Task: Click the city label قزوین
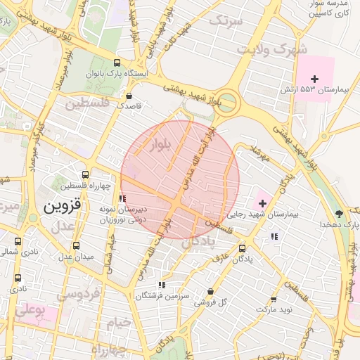(x=63, y=207)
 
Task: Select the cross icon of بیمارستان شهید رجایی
(x=262, y=202)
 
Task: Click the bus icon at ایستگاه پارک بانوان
(x=117, y=62)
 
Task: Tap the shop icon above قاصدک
(x=129, y=96)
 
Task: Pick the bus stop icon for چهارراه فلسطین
(x=86, y=174)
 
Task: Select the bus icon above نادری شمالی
(x=18, y=241)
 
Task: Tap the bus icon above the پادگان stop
(x=243, y=248)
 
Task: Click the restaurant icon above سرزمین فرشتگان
(x=162, y=285)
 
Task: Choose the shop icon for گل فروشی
(x=210, y=292)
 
